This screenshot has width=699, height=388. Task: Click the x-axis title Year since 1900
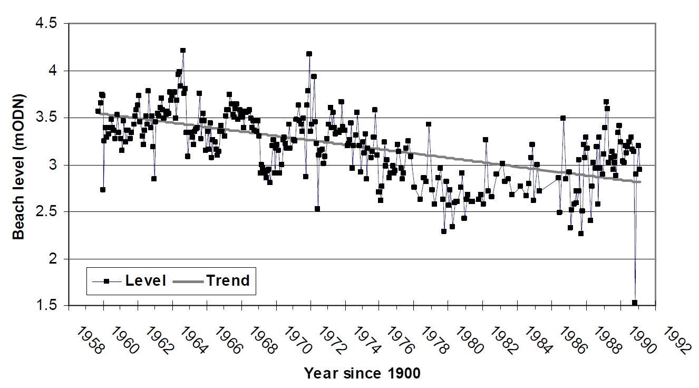pos(362,374)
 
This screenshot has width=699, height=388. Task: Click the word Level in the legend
pos(145,281)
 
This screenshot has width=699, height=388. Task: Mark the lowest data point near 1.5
pos(635,303)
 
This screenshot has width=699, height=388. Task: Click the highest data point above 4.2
pos(183,51)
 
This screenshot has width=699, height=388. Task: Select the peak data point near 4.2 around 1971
pos(309,54)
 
